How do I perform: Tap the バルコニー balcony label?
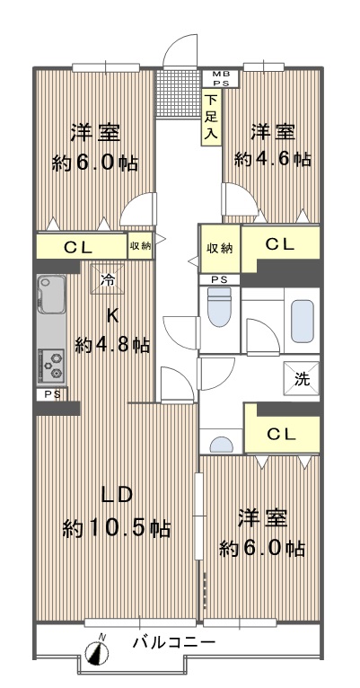click(174, 643)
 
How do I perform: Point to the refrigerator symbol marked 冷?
click(108, 278)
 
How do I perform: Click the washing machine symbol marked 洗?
click(302, 379)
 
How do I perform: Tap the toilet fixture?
click(219, 306)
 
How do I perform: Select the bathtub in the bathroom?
click(303, 321)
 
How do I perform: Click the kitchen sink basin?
click(52, 295)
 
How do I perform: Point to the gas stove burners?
click(52, 365)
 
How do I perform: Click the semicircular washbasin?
click(222, 445)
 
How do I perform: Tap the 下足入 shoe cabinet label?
click(211, 117)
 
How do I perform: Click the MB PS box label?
click(220, 78)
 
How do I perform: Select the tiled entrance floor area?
click(178, 93)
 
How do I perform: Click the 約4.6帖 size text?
click(273, 159)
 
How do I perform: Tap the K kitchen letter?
click(113, 315)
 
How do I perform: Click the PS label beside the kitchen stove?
click(52, 394)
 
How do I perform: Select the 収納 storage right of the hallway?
click(219, 249)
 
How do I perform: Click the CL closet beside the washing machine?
click(282, 435)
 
